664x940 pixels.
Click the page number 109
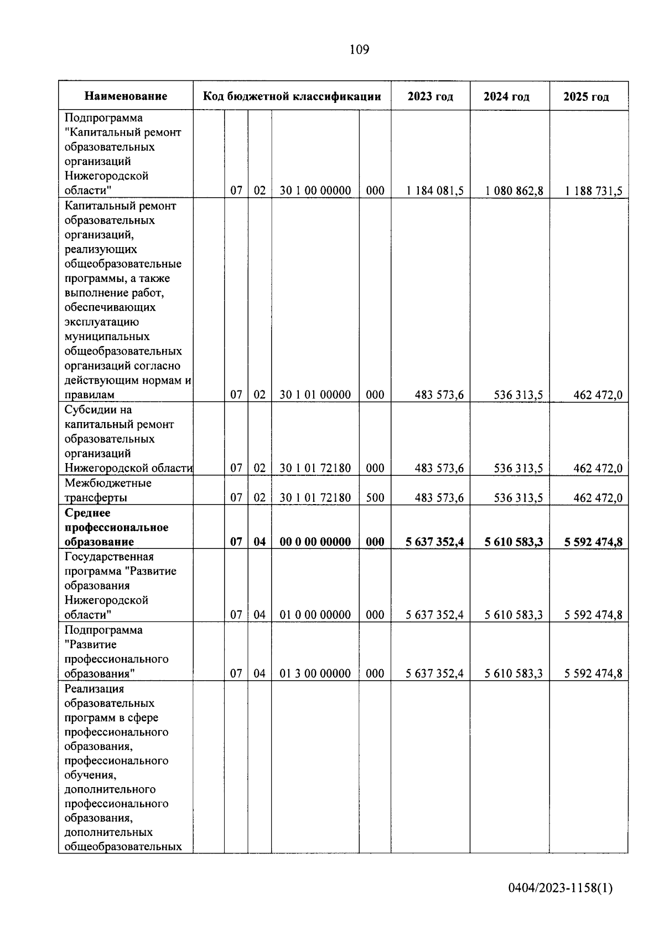(x=359, y=50)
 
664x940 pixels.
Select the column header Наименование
(x=126, y=96)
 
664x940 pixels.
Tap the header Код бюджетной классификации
(x=292, y=96)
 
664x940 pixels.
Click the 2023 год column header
(x=430, y=96)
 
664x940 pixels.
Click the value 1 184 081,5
(x=434, y=191)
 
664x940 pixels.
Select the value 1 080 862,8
(x=514, y=191)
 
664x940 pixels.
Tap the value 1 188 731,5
(x=593, y=191)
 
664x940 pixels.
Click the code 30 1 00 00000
(x=315, y=191)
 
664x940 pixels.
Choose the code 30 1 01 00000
(x=315, y=395)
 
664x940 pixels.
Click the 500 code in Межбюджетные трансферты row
(x=375, y=498)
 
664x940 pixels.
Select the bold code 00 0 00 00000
(x=315, y=542)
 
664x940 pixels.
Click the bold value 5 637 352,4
(x=434, y=542)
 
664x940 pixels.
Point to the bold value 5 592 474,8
(x=593, y=542)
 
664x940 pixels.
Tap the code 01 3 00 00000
(x=315, y=674)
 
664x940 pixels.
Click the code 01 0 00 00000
(x=315, y=615)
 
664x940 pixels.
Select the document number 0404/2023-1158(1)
(x=561, y=903)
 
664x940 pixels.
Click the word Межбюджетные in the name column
(x=108, y=483)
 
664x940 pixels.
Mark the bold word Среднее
(x=87, y=513)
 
